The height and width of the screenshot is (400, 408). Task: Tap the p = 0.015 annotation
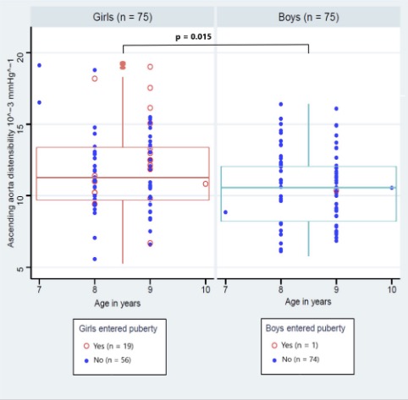tap(194, 37)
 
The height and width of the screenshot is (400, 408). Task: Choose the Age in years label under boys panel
tap(307, 301)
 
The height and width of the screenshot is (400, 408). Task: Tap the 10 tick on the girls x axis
tap(206, 289)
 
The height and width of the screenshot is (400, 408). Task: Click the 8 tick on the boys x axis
tap(280, 289)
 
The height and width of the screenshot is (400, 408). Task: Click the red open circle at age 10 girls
tap(206, 184)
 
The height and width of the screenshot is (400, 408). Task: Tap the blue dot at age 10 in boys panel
tap(392, 188)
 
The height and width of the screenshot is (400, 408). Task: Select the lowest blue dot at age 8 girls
tap(95, 259)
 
